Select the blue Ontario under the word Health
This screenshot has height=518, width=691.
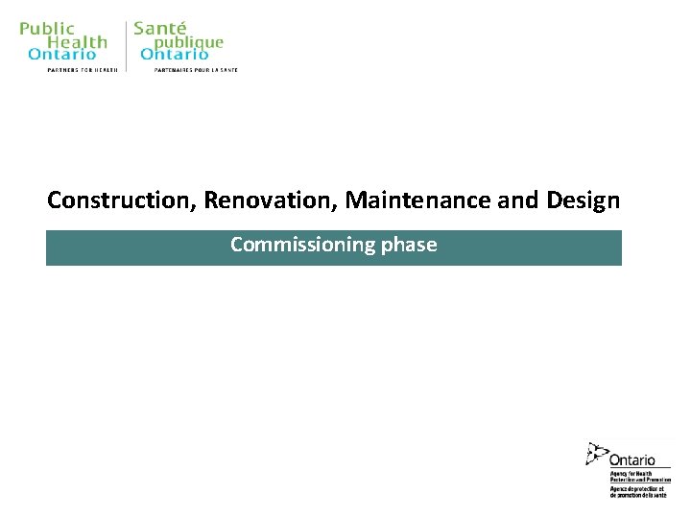(x=62, y=55)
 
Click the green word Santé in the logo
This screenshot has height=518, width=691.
(x=160, y=29)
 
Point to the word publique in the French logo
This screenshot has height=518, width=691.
(x=189, y=42)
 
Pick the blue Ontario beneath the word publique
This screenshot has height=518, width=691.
(x=175, y=55)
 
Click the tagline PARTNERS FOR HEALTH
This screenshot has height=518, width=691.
(x=83, y=70)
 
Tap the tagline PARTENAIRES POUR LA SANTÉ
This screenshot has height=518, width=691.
(x=196, y=70)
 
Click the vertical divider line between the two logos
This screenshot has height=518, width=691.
(x=126, y=45)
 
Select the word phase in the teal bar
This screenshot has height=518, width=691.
(x=409, y=245)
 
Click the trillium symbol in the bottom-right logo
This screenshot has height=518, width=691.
(x=597, y=454)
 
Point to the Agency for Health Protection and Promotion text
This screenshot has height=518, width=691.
(x=639, y=477)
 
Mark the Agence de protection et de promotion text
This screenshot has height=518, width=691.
(x=639, y=491)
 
